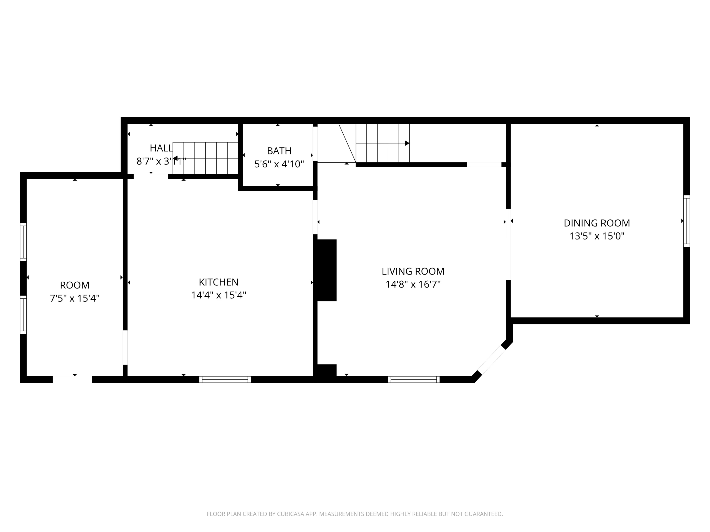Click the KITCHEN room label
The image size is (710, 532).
click(219, 282)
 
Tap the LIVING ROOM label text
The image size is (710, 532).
click(413, 271)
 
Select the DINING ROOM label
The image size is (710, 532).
click(597, 223)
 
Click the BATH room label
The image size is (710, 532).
click(279, 151)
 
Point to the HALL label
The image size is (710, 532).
click(161, 148)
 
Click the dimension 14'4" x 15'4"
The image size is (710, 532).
click(219, 295)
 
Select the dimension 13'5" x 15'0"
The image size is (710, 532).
click(597, 236)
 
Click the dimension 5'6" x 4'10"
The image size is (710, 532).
click(279, 164)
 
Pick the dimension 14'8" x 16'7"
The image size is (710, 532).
click(413, 284)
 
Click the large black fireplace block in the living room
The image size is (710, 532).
click(326, 270)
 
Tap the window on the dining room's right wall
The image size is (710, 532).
click(686, 221)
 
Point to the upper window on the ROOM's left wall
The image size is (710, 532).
click(23, 242)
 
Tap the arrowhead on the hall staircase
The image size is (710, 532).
click(176, 158)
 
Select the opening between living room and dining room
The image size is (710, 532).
click(508, 244)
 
